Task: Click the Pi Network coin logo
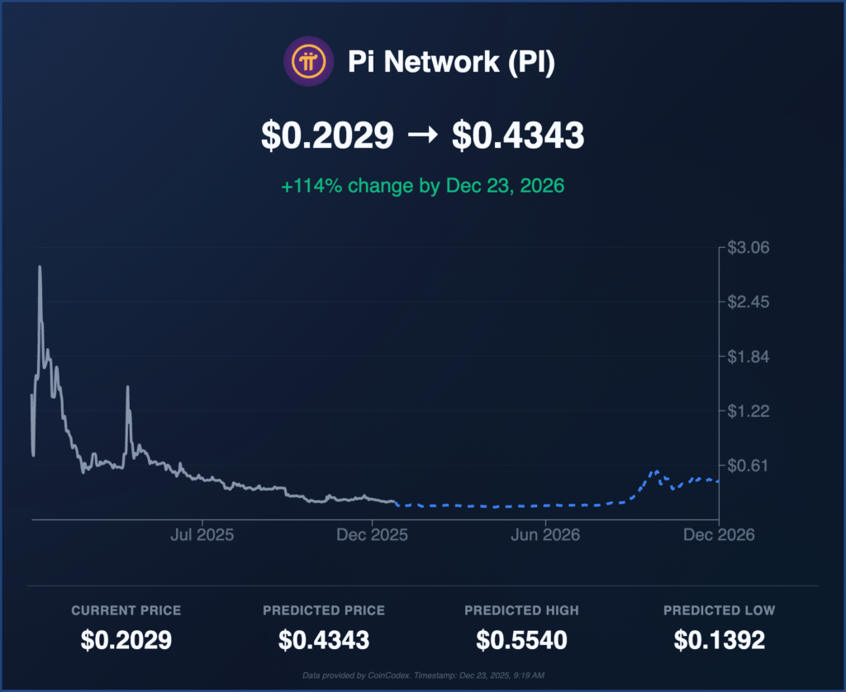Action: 308,62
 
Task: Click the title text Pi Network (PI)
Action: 451,63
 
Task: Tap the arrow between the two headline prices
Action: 422,136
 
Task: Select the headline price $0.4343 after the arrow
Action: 518,136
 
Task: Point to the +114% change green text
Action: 422,186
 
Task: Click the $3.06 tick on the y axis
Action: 748,248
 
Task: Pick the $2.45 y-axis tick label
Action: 748,302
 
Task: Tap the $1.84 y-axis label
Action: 748,357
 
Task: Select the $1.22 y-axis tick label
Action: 748,411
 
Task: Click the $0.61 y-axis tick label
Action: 748,465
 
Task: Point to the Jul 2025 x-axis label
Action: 202,535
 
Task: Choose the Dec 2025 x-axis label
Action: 373,535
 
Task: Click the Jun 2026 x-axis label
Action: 545,535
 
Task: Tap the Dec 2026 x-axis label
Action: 719,535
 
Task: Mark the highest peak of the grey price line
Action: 40,267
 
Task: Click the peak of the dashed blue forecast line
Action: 655,471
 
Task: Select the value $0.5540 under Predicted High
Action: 520,640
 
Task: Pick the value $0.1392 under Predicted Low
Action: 719,640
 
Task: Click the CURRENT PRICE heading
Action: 126,610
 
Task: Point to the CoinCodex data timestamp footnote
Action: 422,675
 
